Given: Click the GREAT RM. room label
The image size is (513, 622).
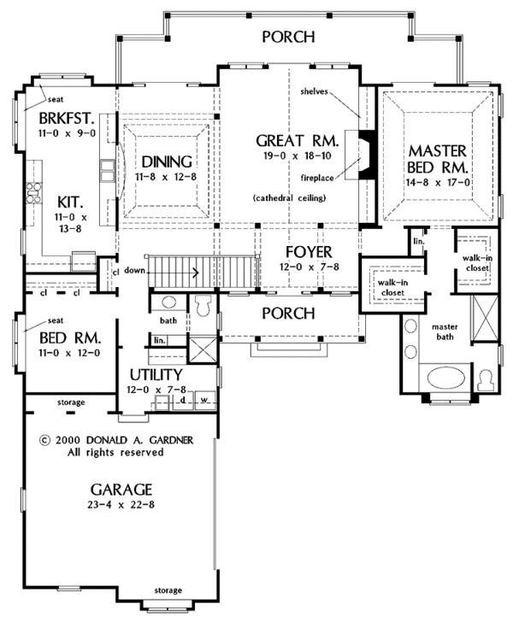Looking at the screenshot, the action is point(297,141).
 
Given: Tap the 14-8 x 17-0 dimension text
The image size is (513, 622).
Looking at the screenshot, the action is point(438,183).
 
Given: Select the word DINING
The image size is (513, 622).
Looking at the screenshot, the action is point(167,161).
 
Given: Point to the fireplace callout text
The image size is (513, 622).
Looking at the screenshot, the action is point(317,178).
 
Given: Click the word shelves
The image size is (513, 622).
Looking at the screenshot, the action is point(314,91).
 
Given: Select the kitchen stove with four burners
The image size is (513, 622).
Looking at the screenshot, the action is point(33,193).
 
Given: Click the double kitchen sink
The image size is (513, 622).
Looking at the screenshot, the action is point(107,171).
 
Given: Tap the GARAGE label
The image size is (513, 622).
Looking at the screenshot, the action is point(121,490).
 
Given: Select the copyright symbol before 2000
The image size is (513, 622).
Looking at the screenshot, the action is point(45,440).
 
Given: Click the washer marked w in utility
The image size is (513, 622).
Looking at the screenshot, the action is point(205,400).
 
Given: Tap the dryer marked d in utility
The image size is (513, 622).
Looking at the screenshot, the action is point(183,400).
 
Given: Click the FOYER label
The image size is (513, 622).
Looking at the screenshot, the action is point(309,252).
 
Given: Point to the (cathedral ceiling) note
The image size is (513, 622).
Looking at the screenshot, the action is point(289,197).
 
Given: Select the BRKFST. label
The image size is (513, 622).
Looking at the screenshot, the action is point(67,118).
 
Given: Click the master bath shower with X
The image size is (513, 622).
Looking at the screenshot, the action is point(484,319).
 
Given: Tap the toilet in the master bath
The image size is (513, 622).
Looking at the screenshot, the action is point(486,380).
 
